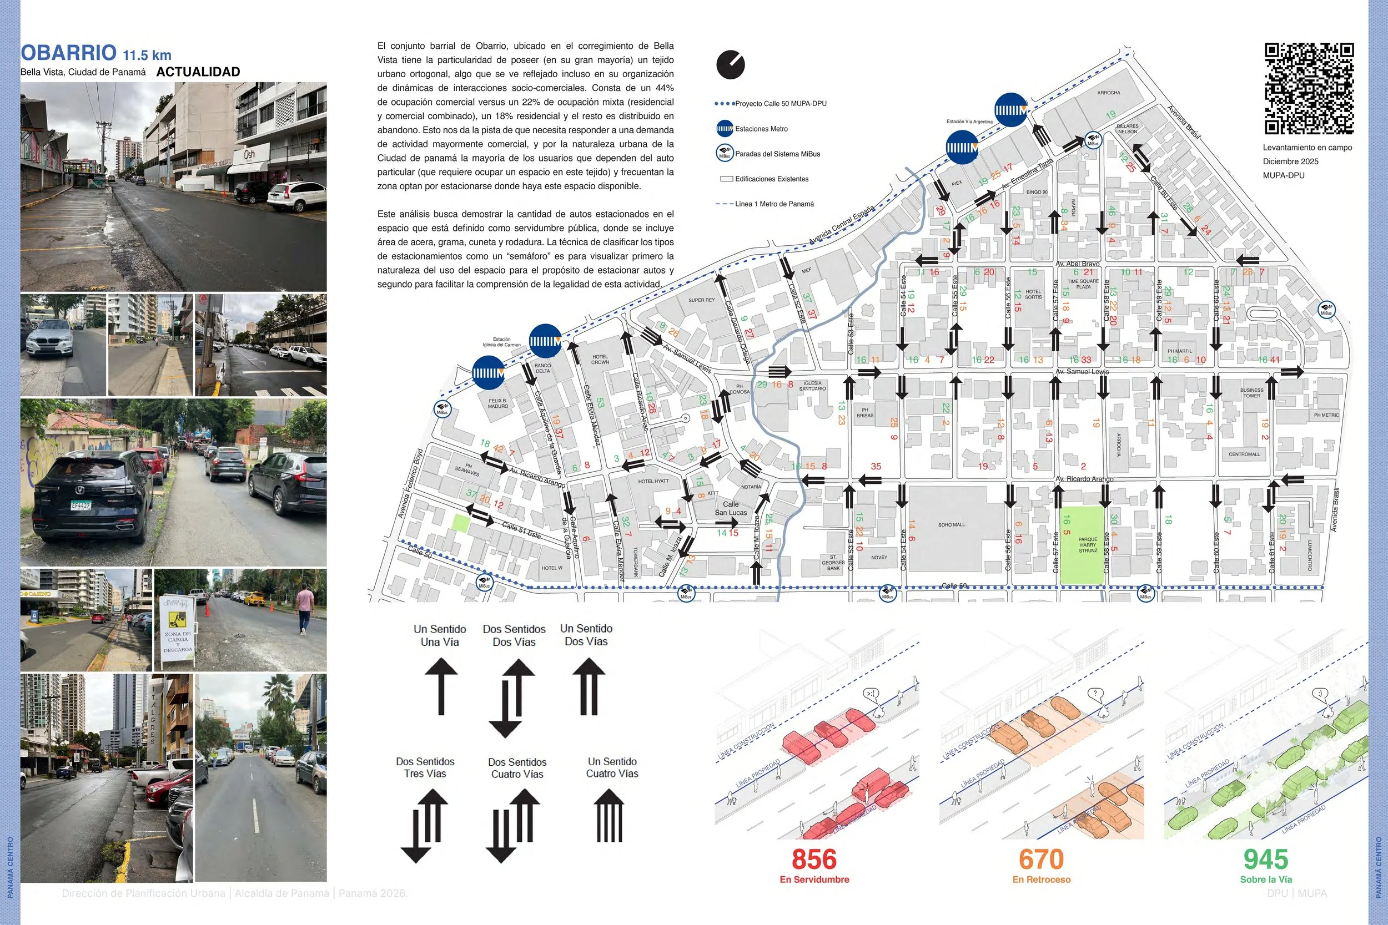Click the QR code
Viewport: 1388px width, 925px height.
pyautogui.click(x=1309, y=88)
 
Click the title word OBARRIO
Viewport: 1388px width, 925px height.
pyautogui.click(x=68, y=53)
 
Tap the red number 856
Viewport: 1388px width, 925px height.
pyautogui.click(x=814, y=860)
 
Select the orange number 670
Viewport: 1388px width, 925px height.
pyautogui.click(x=1041, y=860)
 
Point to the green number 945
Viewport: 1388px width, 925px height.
pyautogui.click(x=1266, y=860)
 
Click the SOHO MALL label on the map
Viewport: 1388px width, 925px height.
pyautogui.click(x=951, y=524)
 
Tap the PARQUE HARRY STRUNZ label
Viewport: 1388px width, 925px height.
pyautogui.click(x=1088, y=544)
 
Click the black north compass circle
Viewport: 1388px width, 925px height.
pyautogui.click(x=731, y=65)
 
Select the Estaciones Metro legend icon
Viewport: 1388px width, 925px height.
pyautogui.click(x=725, y=129)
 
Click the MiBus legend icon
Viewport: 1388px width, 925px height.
pyautogui.click(x=725, y=153)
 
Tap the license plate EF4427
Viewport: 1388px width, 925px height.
pyautogui.click(x=81, y=506)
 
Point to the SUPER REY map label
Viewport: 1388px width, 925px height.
pyautogui.click(x=701, y=300)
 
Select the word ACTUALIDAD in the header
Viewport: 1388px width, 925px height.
pyautogui.click(x=198, y=72)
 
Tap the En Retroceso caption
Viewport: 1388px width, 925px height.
pyautogui.click(x=1041, y=879)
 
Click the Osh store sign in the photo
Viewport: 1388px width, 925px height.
pyautogui.click(x=250, y=155)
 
